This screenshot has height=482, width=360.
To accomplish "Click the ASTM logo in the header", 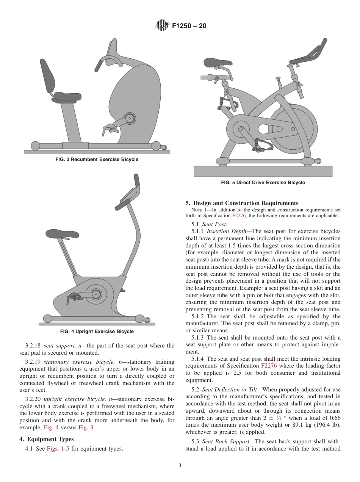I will [x=162, y=26].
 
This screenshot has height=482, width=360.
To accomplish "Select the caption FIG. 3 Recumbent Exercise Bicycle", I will [x=97, y=160].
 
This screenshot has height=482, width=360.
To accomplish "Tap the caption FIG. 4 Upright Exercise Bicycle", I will [x=97, y=332].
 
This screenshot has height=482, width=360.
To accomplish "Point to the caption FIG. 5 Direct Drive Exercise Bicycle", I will [x=263, y=183].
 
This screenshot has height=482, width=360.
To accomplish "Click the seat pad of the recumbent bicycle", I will [x=67, y=97].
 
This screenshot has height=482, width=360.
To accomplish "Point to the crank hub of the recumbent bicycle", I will [x=130, y=119].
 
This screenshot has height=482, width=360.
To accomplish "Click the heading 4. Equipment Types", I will [x=47, y=439].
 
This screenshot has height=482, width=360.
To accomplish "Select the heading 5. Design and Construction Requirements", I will [x=242, y=203].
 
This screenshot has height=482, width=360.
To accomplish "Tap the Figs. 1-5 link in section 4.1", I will [x=58, y=449].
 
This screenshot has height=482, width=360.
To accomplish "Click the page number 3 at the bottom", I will [x=180, y=466].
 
